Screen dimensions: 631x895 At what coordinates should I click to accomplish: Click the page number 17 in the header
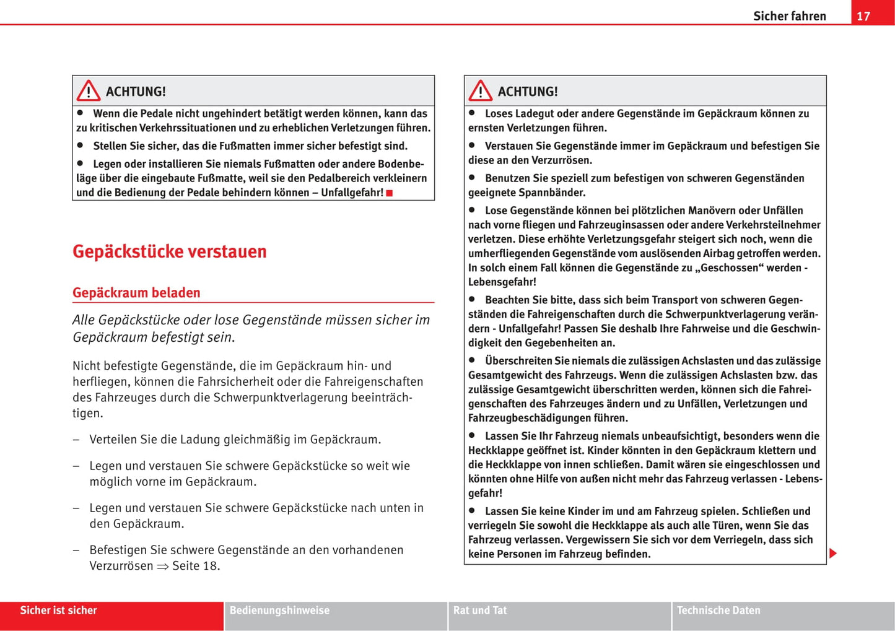(x=863, y=16)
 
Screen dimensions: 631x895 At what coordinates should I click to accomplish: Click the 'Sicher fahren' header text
(x=789, y=16)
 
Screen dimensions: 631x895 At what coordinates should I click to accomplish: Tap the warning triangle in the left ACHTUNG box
(x=89, y=91)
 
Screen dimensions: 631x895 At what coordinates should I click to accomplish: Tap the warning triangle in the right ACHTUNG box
(x=481, y=91)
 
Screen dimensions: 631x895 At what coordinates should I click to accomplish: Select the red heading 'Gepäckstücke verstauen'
(x=169, y=251)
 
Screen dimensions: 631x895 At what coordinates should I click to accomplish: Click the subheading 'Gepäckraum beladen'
(x=136, y=292)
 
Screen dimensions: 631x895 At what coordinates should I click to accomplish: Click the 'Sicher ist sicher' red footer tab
(x=58, y=611)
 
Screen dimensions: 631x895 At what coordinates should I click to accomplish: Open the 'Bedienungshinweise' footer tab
(x=279, y=611)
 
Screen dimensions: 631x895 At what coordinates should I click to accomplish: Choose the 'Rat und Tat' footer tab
(x=480, y=611)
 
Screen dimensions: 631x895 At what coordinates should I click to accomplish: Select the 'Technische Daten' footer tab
(x=718, y=611)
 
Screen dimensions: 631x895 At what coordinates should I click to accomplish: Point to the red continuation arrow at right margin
(x=833, y=553)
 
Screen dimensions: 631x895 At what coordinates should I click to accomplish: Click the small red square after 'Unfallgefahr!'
(x=390, y=193)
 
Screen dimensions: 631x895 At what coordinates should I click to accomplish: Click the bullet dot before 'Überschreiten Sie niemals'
(x=472, y=360)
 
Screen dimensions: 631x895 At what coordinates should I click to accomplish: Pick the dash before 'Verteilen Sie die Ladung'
(x=76, y=440)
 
